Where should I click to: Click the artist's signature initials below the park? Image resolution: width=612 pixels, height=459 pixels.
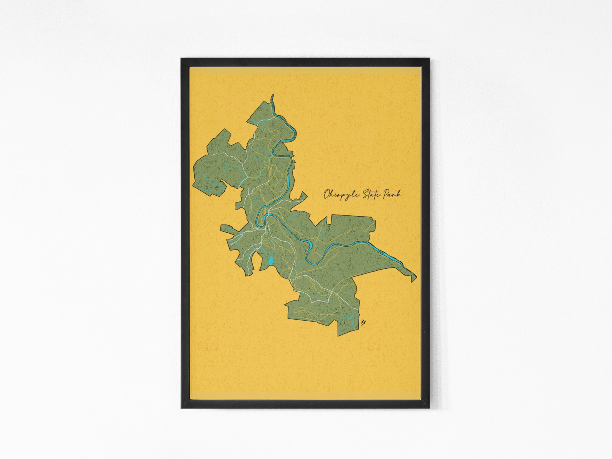pyautogui.click(x=362, y=323)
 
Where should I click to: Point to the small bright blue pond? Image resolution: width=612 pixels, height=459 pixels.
pyautogui.click(x=271, y=261)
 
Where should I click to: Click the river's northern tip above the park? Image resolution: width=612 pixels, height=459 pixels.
pyautogui.click(x=272, y=96)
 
